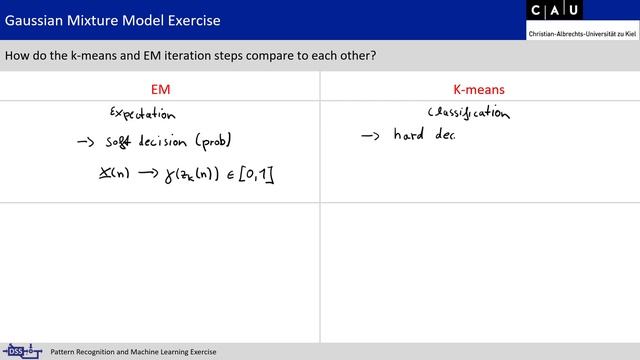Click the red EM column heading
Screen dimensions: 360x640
click(160, 89)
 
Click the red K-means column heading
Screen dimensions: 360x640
click(480, 89)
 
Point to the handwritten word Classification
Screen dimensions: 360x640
click(469, 113)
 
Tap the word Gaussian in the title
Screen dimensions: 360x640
click(36, 21)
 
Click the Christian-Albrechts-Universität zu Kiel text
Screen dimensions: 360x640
click(582, 34)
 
